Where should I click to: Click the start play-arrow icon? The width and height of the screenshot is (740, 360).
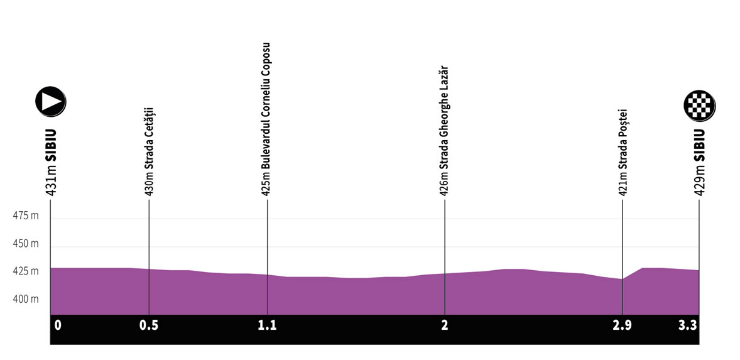click(x=51, y=101)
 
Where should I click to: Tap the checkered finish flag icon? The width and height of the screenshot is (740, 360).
click(x=699, y=105)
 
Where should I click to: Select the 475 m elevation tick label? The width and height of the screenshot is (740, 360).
click(x=26, y=216)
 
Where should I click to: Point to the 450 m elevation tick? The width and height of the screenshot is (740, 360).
click(x=26, y=244)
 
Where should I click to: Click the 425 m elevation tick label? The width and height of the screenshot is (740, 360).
click(x=26, y=271)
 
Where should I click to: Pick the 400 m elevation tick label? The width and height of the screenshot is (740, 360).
click(x=26, y=299)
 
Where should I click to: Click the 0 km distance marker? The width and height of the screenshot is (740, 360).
click(x=58, y=325)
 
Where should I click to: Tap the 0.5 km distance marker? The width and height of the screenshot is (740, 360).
click(x=148, y=325)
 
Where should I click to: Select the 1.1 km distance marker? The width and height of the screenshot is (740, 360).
click(x=267, y=325)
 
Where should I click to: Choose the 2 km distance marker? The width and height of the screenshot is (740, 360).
click(x=444, y=325)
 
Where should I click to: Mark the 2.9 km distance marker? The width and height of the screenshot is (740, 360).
click(x=622, y=325)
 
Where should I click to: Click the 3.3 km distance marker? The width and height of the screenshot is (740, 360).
click(x=689, y=325)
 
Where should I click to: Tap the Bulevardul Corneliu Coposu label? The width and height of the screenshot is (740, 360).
click(x=267, y=119)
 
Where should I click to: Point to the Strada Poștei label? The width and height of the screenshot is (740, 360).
click(x=623, y=153)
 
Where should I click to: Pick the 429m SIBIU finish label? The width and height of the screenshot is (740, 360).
click(x=699, y=163)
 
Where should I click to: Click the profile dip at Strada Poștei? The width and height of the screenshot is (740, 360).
click(x=622, y=280)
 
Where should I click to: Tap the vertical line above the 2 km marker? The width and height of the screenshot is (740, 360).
click(x=444, y=239)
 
